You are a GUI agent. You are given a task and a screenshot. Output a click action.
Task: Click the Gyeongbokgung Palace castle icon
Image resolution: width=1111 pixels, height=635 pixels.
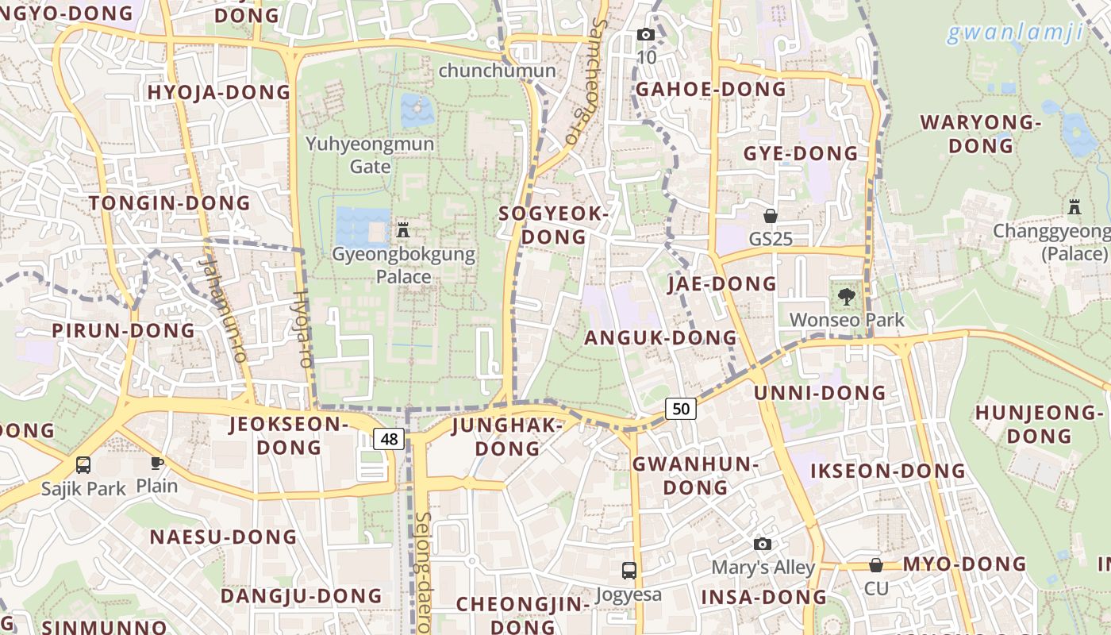point(402,231)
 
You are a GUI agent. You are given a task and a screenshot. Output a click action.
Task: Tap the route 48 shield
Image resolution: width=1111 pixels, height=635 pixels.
point(389,439)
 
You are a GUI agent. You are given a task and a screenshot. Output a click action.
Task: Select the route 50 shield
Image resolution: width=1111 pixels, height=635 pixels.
point(681,409)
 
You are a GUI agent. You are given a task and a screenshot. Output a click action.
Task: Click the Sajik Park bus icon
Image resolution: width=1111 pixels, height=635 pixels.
point(83,464)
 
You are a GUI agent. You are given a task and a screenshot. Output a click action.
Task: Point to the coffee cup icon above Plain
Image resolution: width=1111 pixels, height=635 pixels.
point(157,463)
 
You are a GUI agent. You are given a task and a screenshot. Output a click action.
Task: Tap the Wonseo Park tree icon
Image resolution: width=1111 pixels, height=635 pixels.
point(847,298)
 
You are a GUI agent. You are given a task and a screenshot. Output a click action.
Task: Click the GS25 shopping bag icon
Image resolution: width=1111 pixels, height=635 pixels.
point(770,216)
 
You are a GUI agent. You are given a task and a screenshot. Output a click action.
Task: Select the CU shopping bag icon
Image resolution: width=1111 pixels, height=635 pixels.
point(876,565)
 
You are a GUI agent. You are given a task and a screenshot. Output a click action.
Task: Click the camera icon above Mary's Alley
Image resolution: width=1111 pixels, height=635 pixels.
point(763,544)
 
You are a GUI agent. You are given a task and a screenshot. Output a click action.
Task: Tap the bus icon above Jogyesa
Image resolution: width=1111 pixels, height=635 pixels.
point(629,570)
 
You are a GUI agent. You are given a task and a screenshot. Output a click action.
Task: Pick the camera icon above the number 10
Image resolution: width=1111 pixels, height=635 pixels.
point(646,34)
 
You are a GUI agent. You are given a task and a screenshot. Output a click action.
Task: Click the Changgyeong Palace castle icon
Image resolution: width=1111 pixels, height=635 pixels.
point(1074,207)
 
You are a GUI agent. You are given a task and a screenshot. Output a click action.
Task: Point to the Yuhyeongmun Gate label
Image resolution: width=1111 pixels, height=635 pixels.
point(371,155)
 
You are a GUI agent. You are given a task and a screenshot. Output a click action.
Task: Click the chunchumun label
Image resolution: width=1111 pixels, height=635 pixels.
point(497,71)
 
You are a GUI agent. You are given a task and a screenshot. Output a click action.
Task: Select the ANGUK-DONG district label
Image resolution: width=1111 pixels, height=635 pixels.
point(661,338)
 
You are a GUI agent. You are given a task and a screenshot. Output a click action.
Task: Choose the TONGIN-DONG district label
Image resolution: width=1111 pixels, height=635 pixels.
point(170,203)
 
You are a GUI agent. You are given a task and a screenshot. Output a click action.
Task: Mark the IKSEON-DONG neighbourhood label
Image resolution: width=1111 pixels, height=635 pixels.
point(888,471)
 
